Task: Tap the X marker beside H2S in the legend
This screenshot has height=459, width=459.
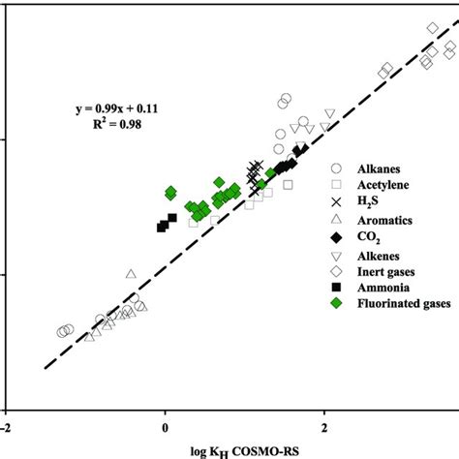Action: tap(336, 202)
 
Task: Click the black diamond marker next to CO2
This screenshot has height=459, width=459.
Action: tap(336, 237)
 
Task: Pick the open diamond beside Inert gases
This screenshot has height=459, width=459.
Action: tap(336, 271)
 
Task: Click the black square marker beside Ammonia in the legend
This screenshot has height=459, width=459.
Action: tap(336, 289)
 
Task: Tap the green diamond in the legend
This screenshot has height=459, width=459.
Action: tap(336, 305)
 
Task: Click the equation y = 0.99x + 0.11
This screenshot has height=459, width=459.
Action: tap(117, 108)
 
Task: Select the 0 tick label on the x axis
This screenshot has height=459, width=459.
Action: tap(166, 424)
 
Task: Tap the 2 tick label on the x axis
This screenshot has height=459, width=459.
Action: tap(324, 424)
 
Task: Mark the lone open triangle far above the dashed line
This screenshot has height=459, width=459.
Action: tap(131, 274)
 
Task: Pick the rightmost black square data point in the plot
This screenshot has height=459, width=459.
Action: tap(172, 218)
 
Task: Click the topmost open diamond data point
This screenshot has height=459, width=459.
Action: tap(433, 28)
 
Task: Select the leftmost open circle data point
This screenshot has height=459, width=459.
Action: tap(62, 332)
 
